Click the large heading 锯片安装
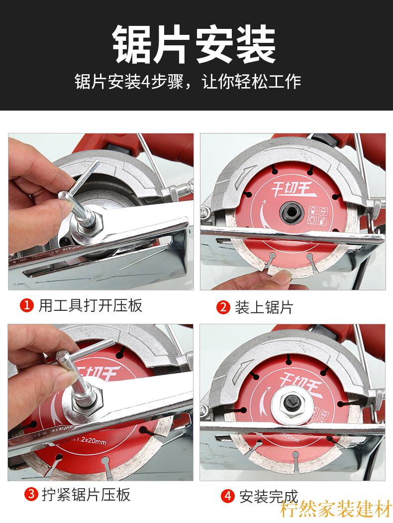tap(195, 45)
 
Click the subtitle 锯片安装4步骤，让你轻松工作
tap(188, 81)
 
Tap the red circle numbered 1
tap(27, 305)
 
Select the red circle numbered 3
tap(31, 495)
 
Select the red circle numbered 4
tap(228, 496)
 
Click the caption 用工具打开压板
tap(91, 305)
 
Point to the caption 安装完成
tap(269, 496)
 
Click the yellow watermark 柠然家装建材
tap(336, 510)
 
